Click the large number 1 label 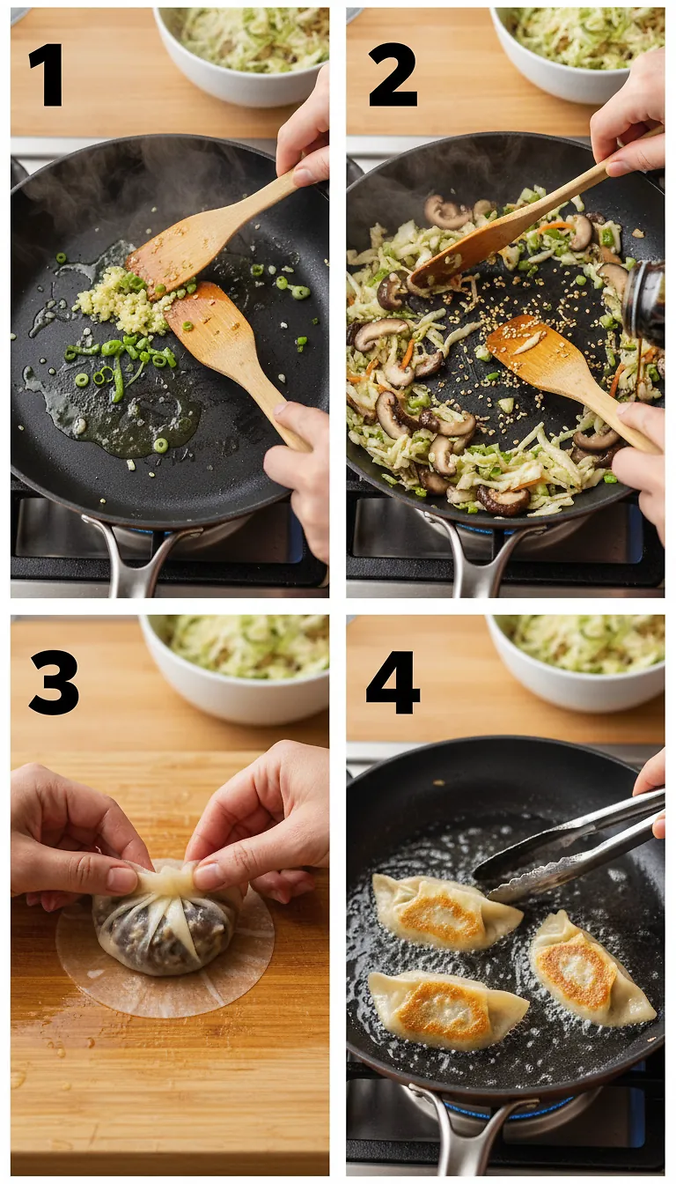(x=48, y=75)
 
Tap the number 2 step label (x=392, y=75)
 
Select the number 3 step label (x=53, y=682)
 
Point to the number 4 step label (x=393, y=682)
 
